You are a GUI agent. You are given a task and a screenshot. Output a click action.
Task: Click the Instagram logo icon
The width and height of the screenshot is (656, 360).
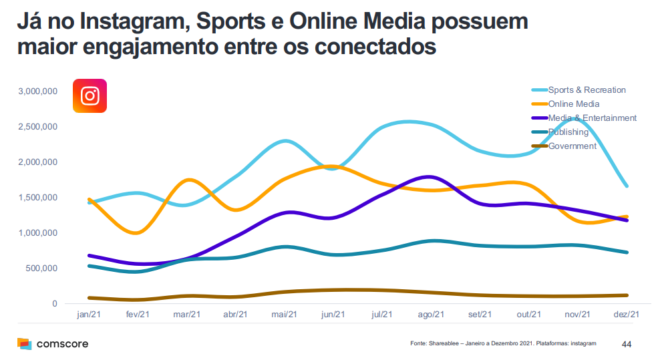(x=90, y=96)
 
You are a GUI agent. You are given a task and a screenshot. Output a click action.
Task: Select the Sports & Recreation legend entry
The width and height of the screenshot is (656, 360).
(x=587, y=90)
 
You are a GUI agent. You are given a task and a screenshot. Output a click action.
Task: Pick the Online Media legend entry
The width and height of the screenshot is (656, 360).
(x=573, y=104)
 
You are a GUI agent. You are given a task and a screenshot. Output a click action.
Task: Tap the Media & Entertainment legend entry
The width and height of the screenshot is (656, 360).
(x=592, y=118)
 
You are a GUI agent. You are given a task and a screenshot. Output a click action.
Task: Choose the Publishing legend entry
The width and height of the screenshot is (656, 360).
(x=568, y=132)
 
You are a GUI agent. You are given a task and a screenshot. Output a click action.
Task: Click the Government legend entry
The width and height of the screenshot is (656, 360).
(x=572, y=146)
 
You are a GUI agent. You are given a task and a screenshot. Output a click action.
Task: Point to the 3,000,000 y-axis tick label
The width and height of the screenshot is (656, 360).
(x=38, y=91)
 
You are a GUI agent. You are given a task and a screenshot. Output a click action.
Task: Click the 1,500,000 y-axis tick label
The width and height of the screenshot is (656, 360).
(x=38, y=198)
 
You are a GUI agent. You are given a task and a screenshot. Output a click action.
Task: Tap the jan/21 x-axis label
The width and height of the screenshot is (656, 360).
(x=89, y=315)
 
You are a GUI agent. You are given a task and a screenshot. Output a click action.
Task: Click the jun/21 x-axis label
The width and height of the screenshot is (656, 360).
(x=333, y=315)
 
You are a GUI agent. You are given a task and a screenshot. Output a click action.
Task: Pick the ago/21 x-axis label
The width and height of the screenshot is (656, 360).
(x=431, y=315)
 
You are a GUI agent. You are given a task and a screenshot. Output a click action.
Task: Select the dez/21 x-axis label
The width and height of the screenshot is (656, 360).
(x=627, y=315)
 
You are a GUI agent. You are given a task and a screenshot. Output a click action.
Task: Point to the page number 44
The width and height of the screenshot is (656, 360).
(x=626, y=344)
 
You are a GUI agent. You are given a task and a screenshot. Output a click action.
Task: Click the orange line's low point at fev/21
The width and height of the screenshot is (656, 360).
(x=137, y=233)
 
